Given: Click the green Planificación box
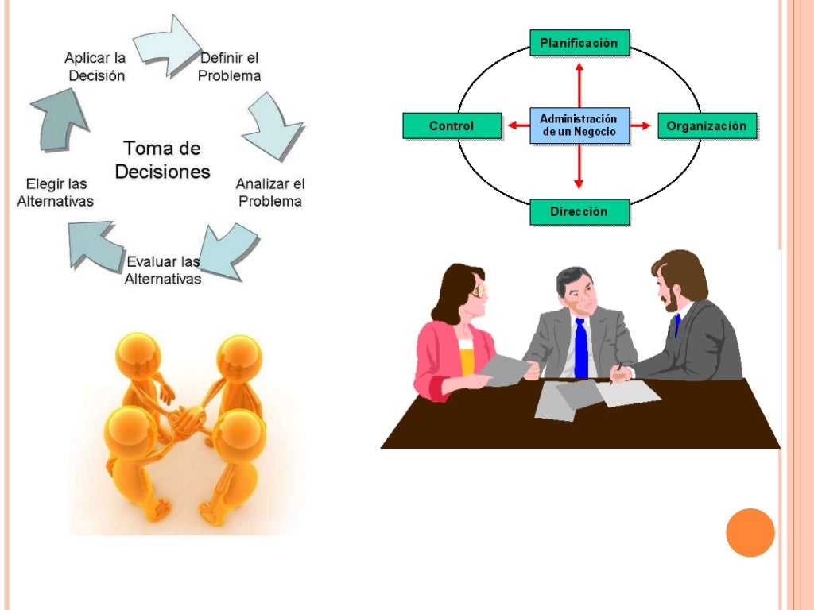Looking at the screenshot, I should coord(579,42).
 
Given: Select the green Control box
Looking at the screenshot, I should coord(452,125).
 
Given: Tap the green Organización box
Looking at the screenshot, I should coord(707,125).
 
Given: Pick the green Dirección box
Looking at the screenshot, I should coord(579,212).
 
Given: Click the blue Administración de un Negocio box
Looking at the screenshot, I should coord(579,125).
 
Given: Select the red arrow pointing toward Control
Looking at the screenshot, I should coord(518,125).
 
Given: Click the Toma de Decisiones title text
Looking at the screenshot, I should coord(162,160).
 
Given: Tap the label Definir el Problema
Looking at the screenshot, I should coord(230,67).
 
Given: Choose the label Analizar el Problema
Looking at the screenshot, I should coord(270,192).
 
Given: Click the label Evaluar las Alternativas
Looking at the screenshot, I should coord(163,270).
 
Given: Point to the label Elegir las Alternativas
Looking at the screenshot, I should coord(55,192).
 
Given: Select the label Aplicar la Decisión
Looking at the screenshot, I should coord(95,67).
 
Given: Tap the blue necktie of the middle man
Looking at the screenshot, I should coord(581,348).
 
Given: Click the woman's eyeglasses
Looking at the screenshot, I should coord(479,291).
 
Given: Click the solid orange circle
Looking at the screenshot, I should coord(750,532).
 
